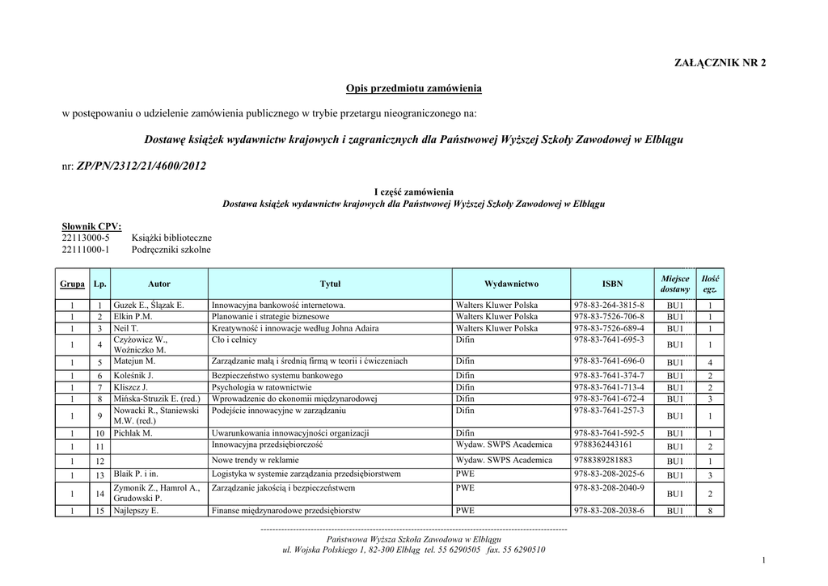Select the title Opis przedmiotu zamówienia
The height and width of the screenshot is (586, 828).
pos(414,87)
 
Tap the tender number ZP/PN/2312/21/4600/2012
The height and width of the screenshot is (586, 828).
pos(141,166)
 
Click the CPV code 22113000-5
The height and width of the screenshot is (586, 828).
pos(86,238)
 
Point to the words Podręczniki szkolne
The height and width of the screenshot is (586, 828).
pos(171,250)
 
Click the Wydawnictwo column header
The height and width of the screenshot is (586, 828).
pos(511,284)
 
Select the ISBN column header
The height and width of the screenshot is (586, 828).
pos(612,284)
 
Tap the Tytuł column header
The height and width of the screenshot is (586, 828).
pos(330,284)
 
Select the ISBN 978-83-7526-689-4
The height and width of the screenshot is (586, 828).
pos(609,329)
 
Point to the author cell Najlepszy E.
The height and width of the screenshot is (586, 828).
pos(136,511)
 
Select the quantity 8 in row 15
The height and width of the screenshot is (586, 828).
pos(710,511)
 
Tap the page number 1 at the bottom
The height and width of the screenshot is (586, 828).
pos(763,561)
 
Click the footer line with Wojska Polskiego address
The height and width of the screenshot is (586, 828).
pos(414,550)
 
